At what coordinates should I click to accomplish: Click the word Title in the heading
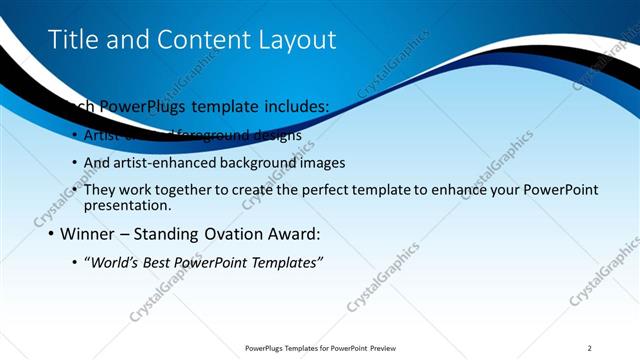pyautogui.click(x=72, y=39)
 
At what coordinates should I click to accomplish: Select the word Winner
pyautogui.click(x=88, y=235)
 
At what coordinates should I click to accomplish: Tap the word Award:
pyautogui.click(x=291, y=235)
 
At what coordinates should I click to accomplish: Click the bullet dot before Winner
pyautogui.click(x=51, y=236)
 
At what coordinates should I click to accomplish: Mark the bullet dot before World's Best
pyautogui.click(x=75, y=263)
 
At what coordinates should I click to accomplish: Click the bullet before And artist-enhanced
pyautogui.click(x=75, y=163)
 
